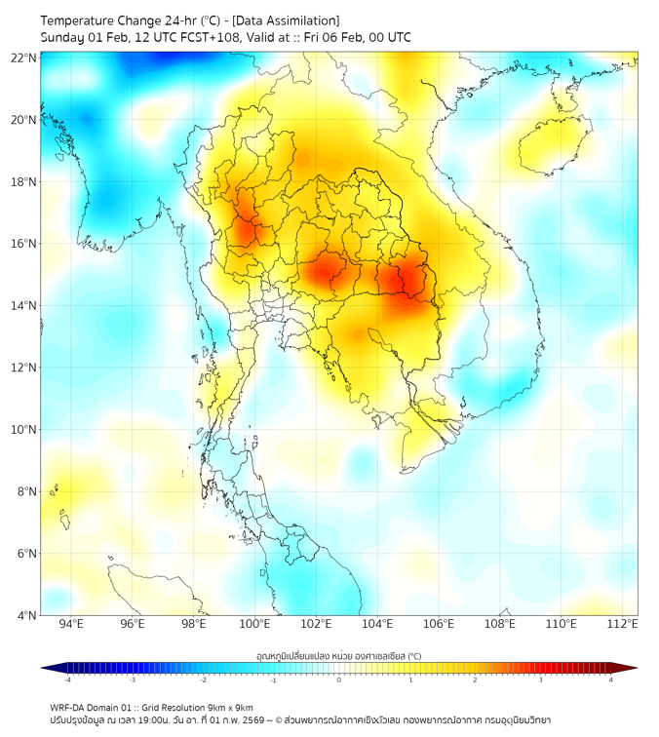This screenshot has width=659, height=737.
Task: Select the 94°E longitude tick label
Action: tap(71, 625)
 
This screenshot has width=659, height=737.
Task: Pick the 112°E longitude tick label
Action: tap(622, 625)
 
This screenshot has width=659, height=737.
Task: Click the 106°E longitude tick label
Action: tap(439, 625)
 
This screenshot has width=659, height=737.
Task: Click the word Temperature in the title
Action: tap(87, 20)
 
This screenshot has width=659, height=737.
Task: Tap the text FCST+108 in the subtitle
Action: tap(202, 38)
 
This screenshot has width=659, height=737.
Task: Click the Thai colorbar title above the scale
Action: tap(338, 656)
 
